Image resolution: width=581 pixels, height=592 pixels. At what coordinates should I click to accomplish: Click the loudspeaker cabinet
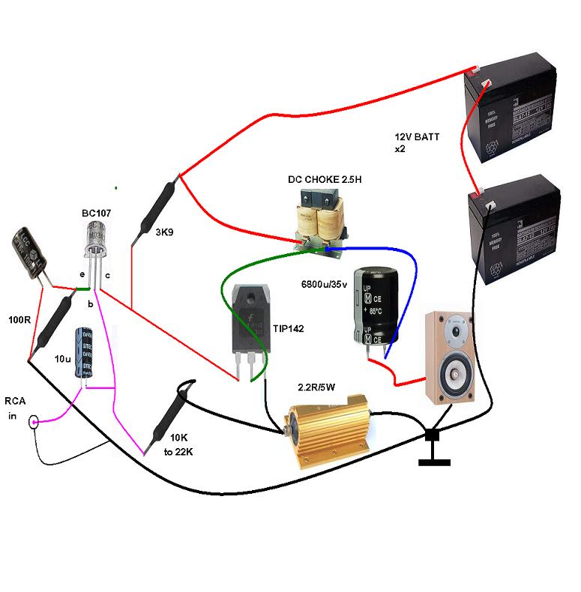[449, 356]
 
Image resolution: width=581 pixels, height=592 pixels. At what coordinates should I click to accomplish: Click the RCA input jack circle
[34, 423]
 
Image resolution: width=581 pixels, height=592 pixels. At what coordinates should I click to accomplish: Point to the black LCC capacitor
[29, 255]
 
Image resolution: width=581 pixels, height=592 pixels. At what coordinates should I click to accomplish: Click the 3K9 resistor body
[155, 210]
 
